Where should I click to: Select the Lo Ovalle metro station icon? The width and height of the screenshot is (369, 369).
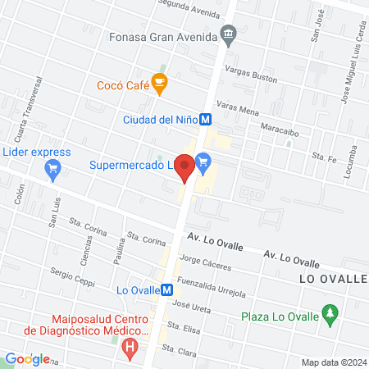pos(166,289)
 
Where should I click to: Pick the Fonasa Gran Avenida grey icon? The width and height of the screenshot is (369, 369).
pos(229,36)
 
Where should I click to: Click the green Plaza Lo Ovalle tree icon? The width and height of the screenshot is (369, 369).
pos(330,313)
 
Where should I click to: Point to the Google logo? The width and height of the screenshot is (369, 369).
pos(27,358)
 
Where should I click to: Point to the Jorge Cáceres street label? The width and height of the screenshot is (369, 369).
pos(207,264)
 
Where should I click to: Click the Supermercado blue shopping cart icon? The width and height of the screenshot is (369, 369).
pos(203,162)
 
